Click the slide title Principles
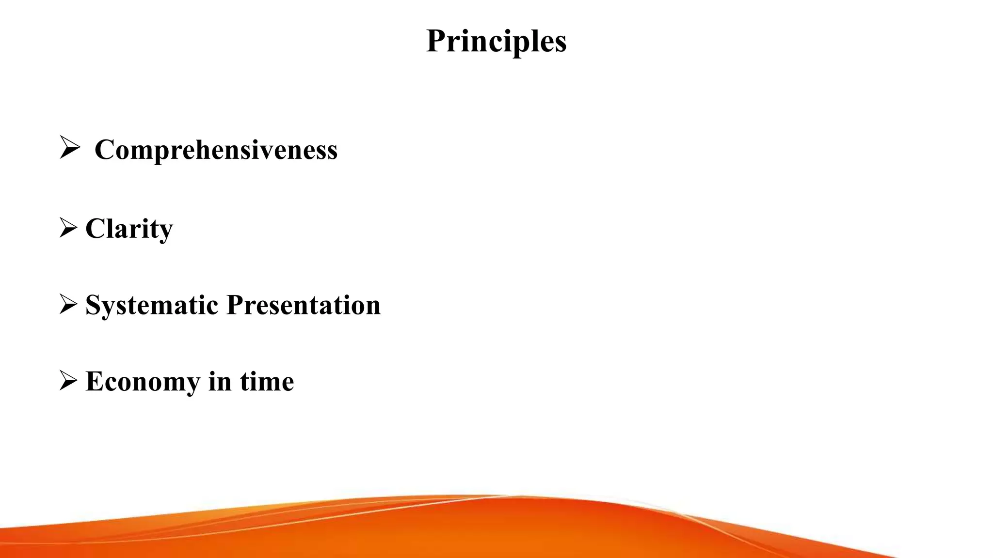(x=496, y=41)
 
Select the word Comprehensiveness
(x=216, y=149)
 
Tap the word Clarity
(x=129, y=228)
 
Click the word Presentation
(x=304, y=305)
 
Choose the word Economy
(x=143, y=381)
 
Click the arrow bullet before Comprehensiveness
(x=69, y=148)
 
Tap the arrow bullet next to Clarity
(x=68, y=228)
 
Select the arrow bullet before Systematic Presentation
(x=68, y=304)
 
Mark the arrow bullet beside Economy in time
(x=68, y=380)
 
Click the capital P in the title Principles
(x=436, y=41)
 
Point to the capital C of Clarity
(x=95, y=228)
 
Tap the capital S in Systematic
(x=93, y=305)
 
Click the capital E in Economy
(x=94, y=381)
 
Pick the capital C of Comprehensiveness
(x=104, y=149)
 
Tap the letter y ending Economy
(x=192, y=384)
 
